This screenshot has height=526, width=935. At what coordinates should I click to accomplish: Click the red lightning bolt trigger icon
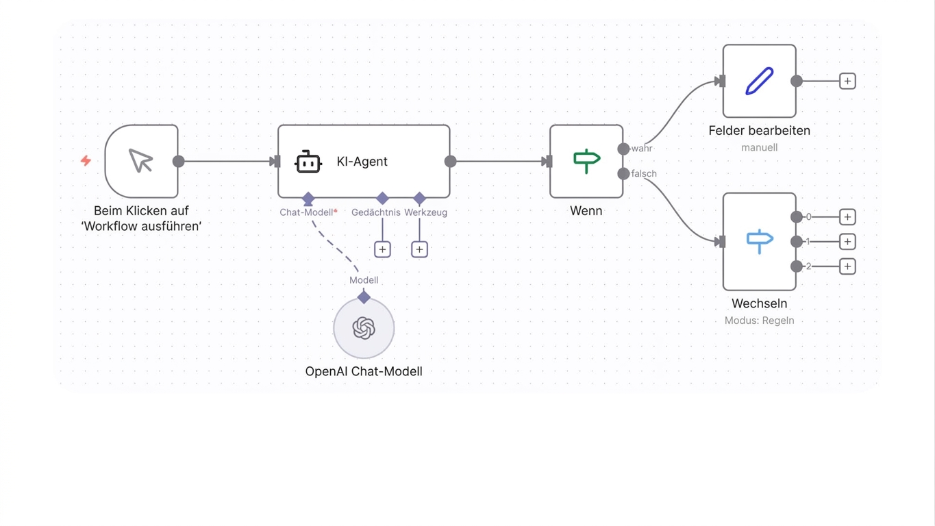[x=86, y=161]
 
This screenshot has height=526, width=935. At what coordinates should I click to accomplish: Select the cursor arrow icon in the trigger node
[x=141, y=161]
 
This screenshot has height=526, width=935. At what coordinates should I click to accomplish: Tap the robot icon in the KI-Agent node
[x=308, y=162]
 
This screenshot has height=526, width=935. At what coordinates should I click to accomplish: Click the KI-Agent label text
[x=362, y=162]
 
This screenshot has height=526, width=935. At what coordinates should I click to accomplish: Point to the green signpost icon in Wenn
[x=587, y=161]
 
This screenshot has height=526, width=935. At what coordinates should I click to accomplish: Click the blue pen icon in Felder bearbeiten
[x=759, y=81]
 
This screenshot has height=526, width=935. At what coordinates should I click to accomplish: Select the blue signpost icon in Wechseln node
[x=760, y=242]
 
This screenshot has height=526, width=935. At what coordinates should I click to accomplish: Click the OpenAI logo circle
[x=364, y=328]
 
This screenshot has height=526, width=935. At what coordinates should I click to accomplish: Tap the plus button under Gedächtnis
[x=382, y=249]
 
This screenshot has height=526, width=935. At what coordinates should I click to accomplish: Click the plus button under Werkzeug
[x=419, y=249]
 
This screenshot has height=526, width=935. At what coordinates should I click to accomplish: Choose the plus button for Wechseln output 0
[x=847, y=217]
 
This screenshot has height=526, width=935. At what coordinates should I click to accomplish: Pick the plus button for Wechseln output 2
[x=847, y=266]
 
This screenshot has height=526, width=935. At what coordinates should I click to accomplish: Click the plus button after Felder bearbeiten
[x=847, y=81]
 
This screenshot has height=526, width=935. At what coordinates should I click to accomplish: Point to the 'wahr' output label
[x=642, y=149]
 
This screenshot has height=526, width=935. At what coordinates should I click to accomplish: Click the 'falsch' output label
[x=644, y=174]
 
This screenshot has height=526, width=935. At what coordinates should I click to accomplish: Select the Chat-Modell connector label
[x=306, y=212]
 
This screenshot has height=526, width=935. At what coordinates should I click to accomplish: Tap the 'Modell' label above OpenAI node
[x=364, y=280]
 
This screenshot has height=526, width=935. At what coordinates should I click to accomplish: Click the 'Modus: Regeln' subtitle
[x=759, y=321]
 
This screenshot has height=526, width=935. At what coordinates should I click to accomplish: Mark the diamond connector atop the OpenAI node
[x=364, y=297]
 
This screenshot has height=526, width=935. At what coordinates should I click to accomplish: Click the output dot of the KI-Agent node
[x=451, y=162]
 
